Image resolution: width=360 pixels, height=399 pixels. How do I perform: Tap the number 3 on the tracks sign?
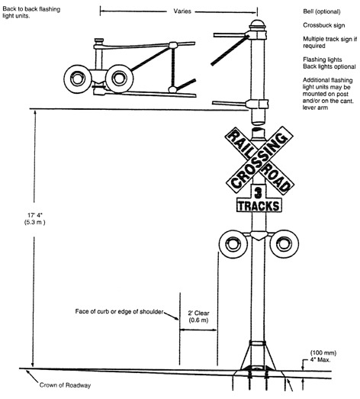coord(259,192)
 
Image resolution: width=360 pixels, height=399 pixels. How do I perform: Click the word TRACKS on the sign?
coord(259,206)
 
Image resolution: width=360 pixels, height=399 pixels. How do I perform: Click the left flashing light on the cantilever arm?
coord(79,77)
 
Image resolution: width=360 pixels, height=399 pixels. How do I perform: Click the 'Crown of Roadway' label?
coord(63,385)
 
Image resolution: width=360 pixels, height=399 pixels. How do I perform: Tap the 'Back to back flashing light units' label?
coord(30,18)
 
